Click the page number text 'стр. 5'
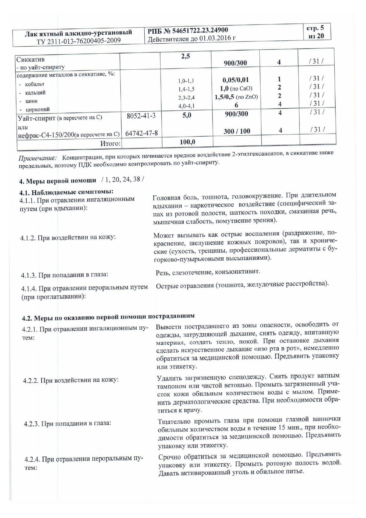[x=315, y=28]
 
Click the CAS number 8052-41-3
[x=141, y=116]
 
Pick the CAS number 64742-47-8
[x=141, y=133]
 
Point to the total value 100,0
[x=187, y=142]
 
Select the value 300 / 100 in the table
[x=237, y=131]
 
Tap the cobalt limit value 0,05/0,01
[x=235, y=80]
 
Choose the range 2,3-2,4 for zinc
[x=186, y=97]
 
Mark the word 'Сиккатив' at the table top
[x=30, y=59]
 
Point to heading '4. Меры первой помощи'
[x=58, y=181]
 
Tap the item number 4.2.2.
[x=31, y=380]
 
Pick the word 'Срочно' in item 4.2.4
[x=171, y=457]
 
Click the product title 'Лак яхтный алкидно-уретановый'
[x=78, y=33]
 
